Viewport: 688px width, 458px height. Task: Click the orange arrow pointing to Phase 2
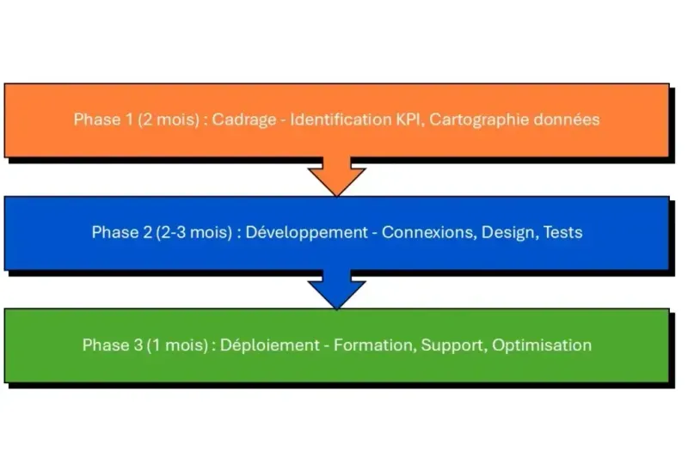click(336, 175)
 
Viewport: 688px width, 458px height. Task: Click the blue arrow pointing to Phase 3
click(336, 289)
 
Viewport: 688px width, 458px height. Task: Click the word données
click(565, 119)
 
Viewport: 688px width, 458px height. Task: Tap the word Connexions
click(427, 232)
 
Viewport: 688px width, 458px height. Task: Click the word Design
click(507, 232)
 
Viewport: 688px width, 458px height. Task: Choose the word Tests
click(562, 232)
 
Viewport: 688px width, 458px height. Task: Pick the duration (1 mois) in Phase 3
click(177, 345)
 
